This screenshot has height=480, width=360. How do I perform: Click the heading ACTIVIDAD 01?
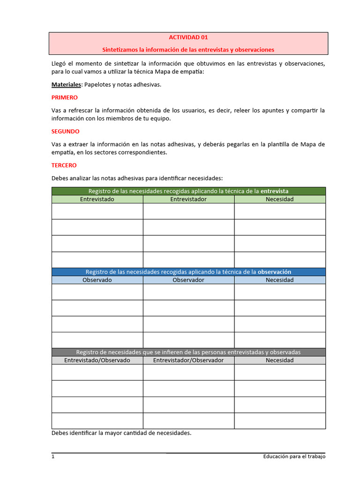(188, 37)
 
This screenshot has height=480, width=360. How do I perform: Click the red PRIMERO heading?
(65, 97)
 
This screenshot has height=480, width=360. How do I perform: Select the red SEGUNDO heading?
(65, 131)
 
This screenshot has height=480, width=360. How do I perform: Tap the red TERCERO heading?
(64, 165)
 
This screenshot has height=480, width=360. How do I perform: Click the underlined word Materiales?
(66, 84)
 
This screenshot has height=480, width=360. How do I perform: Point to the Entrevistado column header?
(97, 199)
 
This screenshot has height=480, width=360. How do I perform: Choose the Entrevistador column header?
(188, 199)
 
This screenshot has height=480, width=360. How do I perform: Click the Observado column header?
(97, 280)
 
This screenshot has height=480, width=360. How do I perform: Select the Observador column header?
(188, 280)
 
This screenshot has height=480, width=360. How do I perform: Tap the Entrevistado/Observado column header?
(97, 360)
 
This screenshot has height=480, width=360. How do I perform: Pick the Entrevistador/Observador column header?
(188, 360)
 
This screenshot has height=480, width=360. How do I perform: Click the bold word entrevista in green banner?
(274, 191)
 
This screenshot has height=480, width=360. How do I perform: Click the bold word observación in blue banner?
(275, 272)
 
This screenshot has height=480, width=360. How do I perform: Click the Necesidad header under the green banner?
(280, 199)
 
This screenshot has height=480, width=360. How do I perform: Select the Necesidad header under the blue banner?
(280, 280)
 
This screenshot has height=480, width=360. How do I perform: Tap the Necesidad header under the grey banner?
(280, 360)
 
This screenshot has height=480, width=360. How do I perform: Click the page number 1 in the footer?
(53, 456)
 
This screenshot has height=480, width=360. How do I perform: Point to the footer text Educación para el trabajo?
(294, 456)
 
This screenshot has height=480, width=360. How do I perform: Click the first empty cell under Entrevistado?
(97, 211)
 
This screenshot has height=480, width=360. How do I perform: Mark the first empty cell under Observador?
(188, 292)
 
